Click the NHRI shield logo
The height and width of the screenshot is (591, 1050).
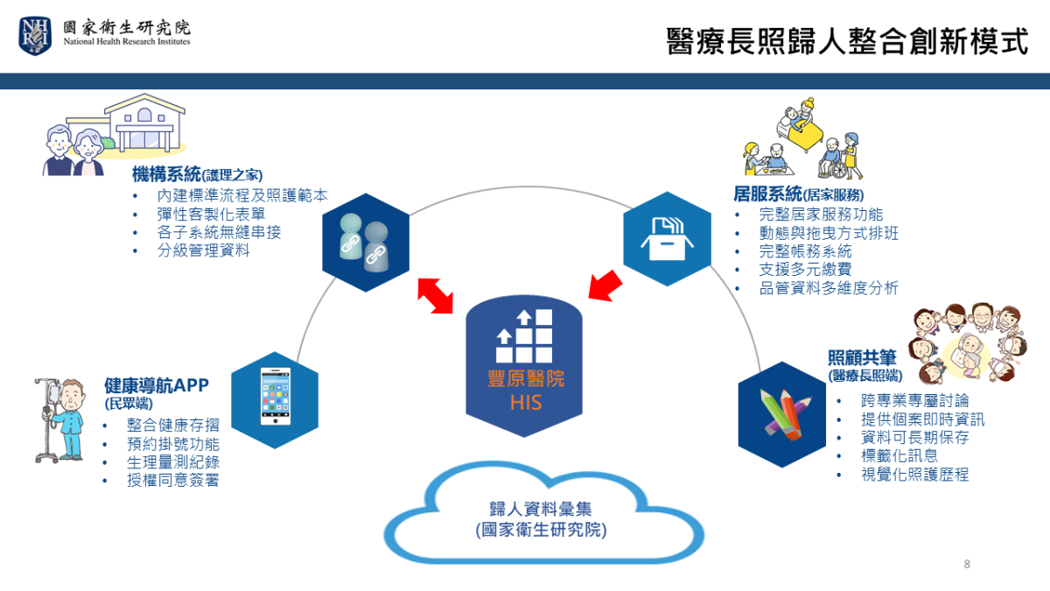coord(35,36)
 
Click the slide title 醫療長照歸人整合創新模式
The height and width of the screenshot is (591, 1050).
coord(847,41)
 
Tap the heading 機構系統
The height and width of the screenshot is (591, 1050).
coord(166,174)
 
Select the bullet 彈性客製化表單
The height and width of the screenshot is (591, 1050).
coord(211,215)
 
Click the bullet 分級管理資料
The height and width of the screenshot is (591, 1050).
coord(203,250)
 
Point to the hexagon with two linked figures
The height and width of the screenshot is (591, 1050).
coord(366,243)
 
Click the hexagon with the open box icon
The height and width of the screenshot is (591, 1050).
coord(667,239)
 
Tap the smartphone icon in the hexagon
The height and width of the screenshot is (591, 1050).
coord(275,397)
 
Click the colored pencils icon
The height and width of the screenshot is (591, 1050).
coord(785,414)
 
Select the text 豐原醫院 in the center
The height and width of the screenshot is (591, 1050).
coord(526,379)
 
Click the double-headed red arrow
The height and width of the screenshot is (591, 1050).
coord(436,296)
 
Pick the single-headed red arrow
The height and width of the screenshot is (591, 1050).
coord(605,285)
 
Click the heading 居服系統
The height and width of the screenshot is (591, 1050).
coord(768,193)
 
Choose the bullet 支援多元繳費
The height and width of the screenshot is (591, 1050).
coord(805,270)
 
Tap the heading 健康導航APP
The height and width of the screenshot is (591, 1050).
coord(157,385)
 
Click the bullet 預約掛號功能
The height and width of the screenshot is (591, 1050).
coord(173,444)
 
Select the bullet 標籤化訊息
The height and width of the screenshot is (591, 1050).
coord(899,455)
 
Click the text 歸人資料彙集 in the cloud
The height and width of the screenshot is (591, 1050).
coord(541,509)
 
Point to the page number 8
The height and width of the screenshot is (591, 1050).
coord(967,564)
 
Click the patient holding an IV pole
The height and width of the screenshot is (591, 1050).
coord(60,420)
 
